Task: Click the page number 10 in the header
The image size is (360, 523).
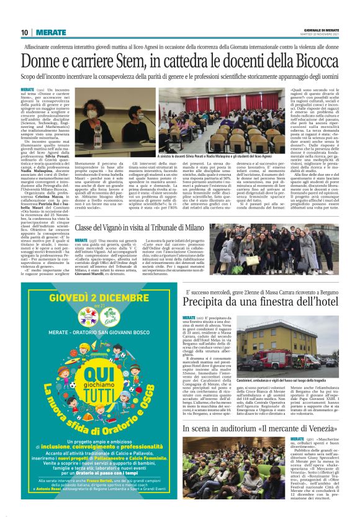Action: (24, 32)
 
